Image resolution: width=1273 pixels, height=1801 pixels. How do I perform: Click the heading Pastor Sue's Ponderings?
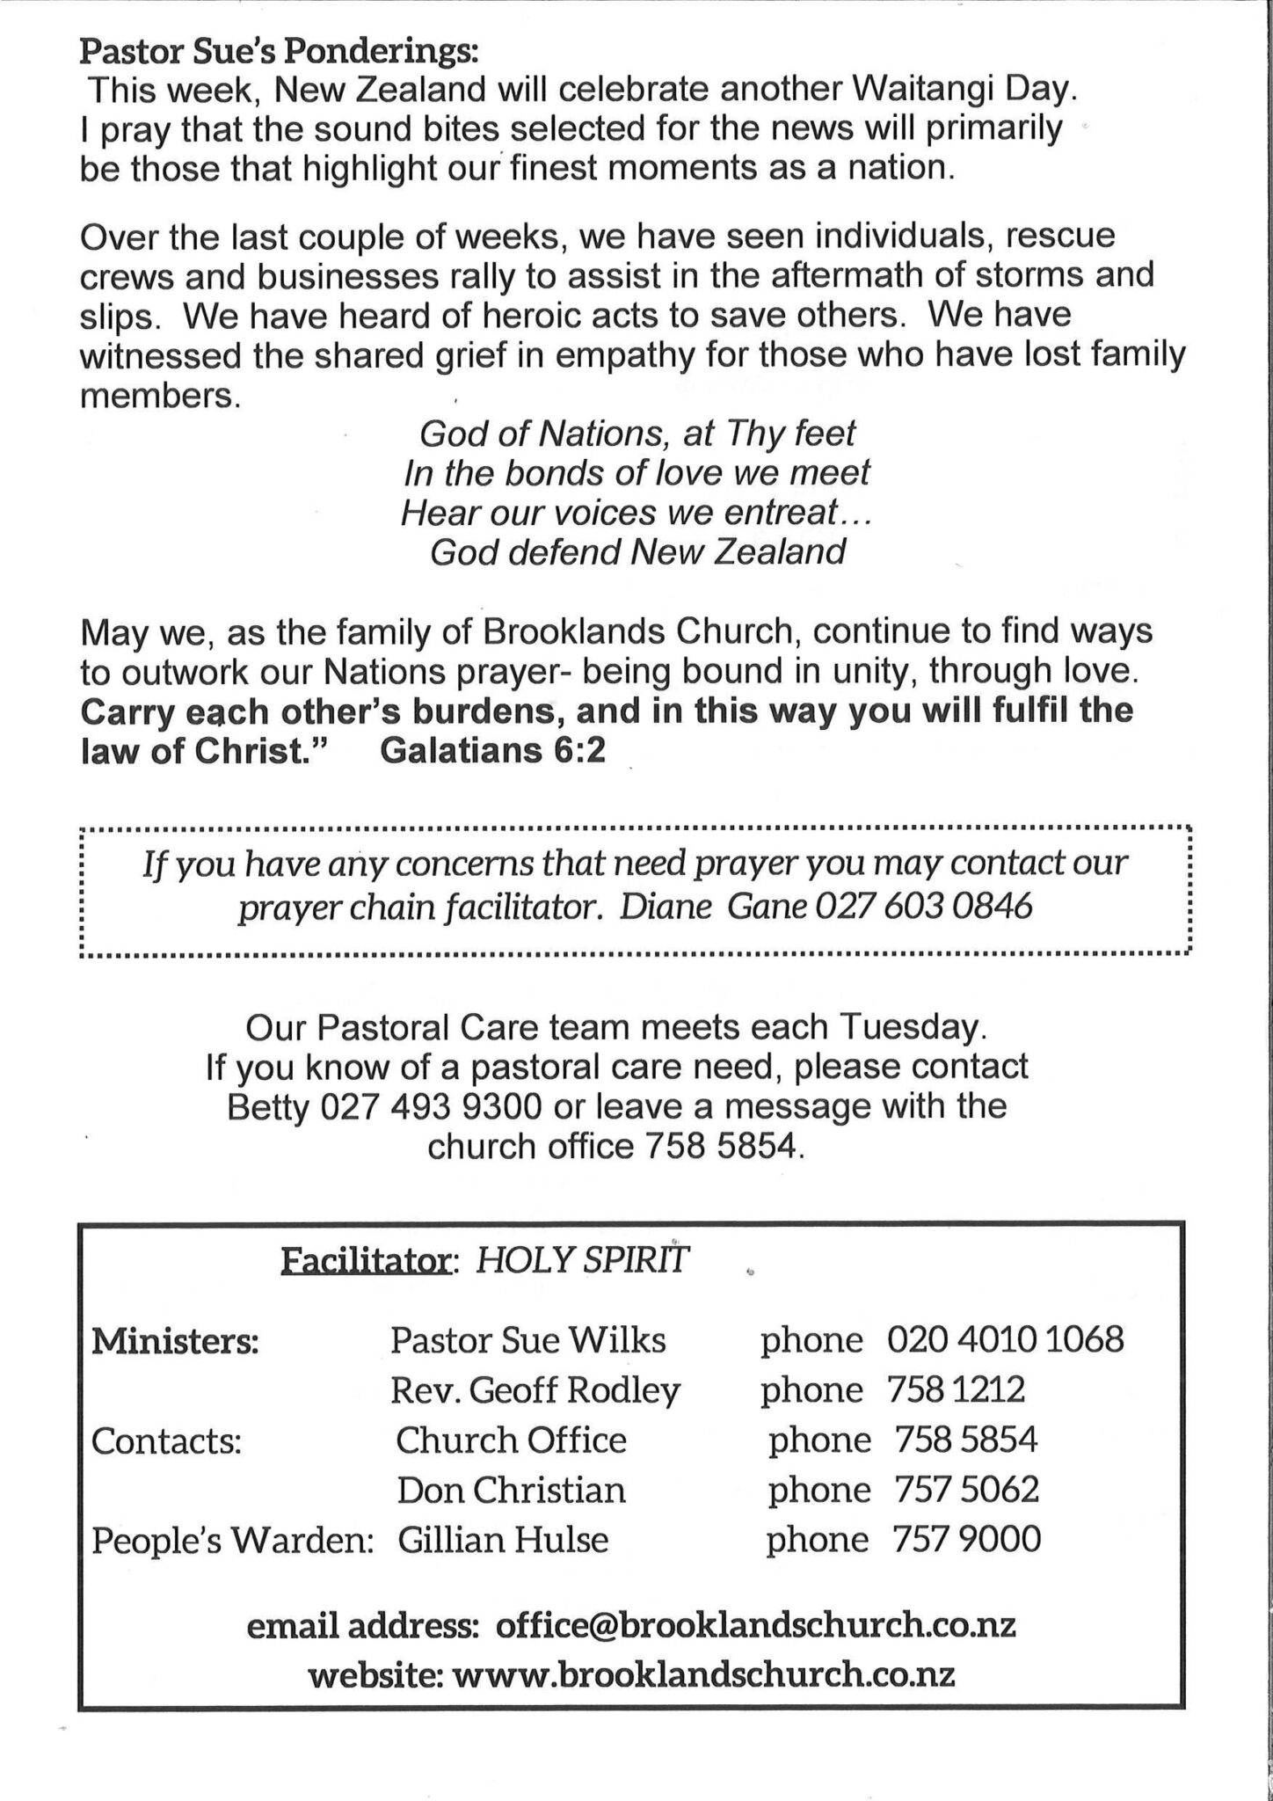(x=279, y=53)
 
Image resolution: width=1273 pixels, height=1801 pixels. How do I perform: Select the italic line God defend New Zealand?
(x=637, y=552)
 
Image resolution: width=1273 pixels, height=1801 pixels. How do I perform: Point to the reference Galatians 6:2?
(x=493, y=752)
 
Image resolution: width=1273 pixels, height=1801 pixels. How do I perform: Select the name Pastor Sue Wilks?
(x=527, y=1340)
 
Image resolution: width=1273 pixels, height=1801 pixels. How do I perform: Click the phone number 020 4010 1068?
(x=1005, y=1340)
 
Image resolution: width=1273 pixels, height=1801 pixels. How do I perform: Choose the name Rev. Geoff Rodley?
(x=535, y=1390)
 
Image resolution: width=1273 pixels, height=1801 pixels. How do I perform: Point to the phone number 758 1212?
(x=957, y=1390)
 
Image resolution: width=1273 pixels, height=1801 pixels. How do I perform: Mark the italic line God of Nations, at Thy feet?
(x=637, y=433)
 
